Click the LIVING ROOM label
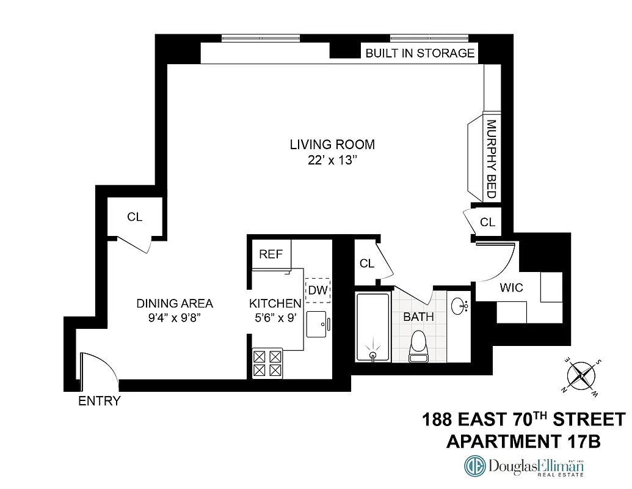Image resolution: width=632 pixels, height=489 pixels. (x=332, y=145)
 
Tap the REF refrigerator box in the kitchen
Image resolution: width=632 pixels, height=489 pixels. (x=271, y=254)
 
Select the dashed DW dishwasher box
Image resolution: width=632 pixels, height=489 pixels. (x=318, y=290)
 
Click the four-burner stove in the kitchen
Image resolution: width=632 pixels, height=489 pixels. (x=267, y=363)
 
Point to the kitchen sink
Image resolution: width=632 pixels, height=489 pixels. (x=318, y=323)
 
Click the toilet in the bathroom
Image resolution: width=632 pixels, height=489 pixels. (x=419, y=345)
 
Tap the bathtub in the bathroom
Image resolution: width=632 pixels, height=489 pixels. (x=373, y=328)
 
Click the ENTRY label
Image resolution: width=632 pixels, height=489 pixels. (x=100, y=402)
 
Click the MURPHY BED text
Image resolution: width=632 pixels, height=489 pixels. (x=490, y=159)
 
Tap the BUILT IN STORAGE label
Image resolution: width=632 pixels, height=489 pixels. (x=420, y=53)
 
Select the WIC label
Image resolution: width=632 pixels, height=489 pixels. (x=511, y=288)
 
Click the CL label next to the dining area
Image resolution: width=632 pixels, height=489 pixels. (x=135, y=217)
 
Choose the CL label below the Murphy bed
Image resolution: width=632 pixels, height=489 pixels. (x=487, y=222)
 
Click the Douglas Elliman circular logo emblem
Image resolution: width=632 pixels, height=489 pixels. (x=475, y=466)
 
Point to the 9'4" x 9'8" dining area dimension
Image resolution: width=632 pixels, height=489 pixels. (x=175, y=318)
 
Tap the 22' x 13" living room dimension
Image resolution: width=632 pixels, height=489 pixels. (x=332, y=162)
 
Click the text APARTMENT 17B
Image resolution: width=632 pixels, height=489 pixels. (x=523, y=441)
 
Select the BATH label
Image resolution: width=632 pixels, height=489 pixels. (x=418, y=317)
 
